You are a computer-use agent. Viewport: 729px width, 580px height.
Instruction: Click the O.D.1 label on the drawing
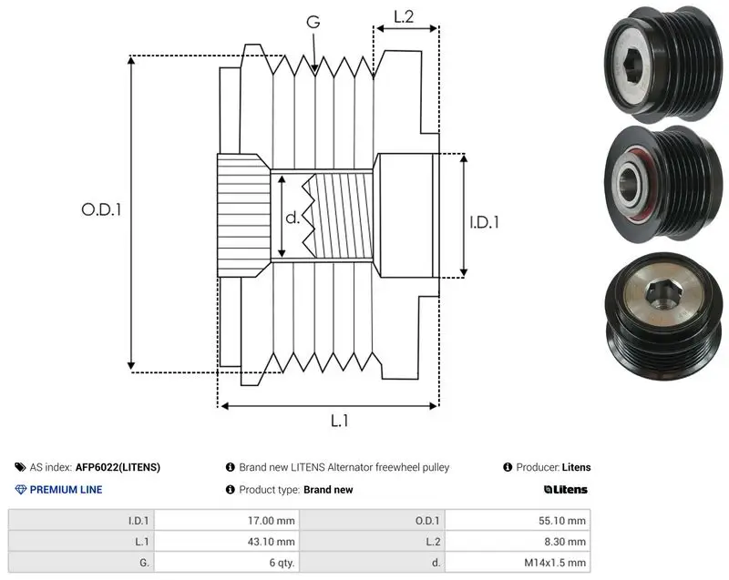101,210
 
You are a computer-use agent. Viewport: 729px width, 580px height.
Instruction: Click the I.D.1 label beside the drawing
484,222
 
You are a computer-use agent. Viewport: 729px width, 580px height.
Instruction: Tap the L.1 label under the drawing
339,421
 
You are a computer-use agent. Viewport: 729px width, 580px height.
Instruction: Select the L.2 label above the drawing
404,16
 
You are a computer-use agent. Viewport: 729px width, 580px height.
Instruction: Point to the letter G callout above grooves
313,21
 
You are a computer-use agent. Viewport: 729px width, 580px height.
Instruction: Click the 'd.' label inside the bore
293,217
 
